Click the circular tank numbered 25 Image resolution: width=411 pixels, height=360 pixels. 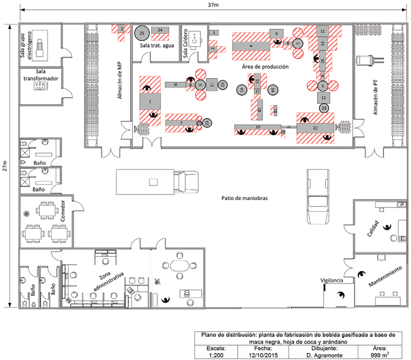tap(142, 32)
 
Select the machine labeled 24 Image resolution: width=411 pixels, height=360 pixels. tap(160, 30)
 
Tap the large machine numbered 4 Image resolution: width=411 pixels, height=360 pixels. tap(251, 46)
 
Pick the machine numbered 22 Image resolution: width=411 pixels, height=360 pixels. tap(315, 128)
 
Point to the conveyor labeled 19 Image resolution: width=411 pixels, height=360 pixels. tap(257, 128)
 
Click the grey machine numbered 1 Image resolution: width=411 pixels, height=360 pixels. tap(150, 101)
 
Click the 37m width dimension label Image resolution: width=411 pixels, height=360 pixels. tap(213, 4)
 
